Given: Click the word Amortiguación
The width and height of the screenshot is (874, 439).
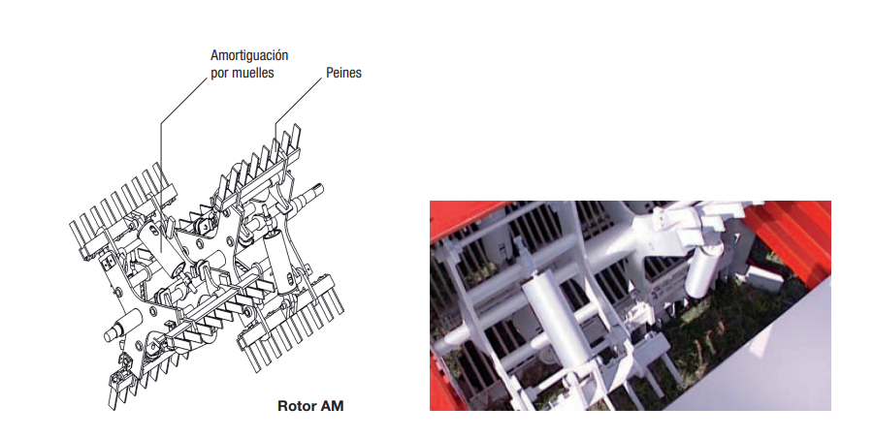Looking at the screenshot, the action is (249, 55).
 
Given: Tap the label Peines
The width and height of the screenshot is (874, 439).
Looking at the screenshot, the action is (343, 73).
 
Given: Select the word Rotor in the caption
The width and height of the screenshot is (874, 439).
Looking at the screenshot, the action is (294, 406).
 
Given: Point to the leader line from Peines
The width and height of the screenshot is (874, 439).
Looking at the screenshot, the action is (298, 103).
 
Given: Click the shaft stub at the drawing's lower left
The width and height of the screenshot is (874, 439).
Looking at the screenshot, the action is (121, 326).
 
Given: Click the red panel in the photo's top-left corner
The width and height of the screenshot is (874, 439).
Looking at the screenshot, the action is (458, 213).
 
